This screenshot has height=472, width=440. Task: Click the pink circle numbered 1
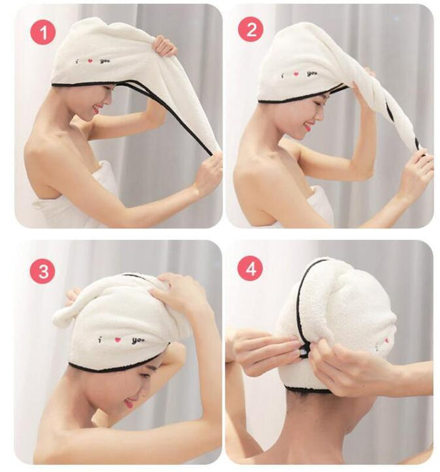tap(43, 32)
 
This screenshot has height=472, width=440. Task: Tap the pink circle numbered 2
tap(251, 29)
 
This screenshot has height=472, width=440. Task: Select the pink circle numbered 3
tap(43, 271)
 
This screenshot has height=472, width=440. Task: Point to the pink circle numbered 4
tap(250, 268)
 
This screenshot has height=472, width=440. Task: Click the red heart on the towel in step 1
tap(89, 61)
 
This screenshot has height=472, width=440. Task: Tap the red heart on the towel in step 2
tap(297, 74)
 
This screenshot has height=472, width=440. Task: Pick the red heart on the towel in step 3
tap(117, 340)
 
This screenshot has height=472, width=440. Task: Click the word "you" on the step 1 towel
tap(105, 61)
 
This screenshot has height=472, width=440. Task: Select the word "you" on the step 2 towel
tap(312, 74)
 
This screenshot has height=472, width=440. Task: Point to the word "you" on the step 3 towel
tap(138, 341)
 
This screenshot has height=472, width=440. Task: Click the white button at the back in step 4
tap(304, 351)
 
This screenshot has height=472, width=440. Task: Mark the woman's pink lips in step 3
tap(129, 404)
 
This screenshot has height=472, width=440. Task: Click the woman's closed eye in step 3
tap(144, 375)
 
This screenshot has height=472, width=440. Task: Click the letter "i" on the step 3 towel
tap(100, 340)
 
